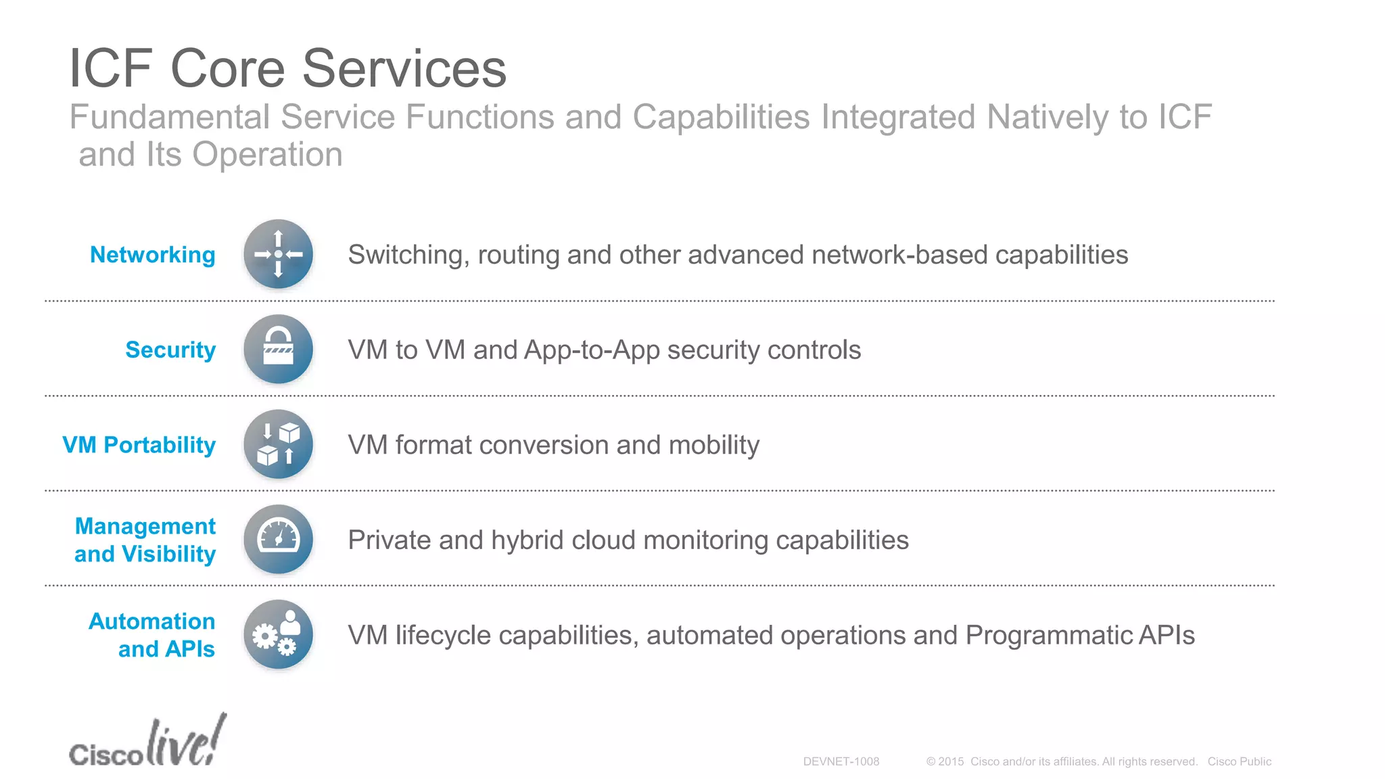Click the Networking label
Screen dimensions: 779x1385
[153, 255]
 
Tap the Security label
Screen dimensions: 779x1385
[170, 350]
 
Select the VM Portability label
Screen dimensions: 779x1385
[139, 445]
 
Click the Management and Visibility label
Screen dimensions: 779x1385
[145, 540]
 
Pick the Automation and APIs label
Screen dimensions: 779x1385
[152, 635]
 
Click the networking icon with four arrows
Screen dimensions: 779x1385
[278, 254]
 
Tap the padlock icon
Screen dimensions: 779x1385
[278, 349]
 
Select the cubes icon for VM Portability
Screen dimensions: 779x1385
[278, 444]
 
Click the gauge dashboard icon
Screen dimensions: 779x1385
[278, 539]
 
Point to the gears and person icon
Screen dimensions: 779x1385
[278, 634]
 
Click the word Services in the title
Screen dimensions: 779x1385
[404, 68]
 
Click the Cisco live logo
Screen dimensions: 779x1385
[147, 742]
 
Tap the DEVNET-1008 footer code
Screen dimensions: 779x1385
[841, 761]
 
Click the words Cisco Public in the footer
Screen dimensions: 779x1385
[1240, 761]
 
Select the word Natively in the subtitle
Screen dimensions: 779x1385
[1048, 117]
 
